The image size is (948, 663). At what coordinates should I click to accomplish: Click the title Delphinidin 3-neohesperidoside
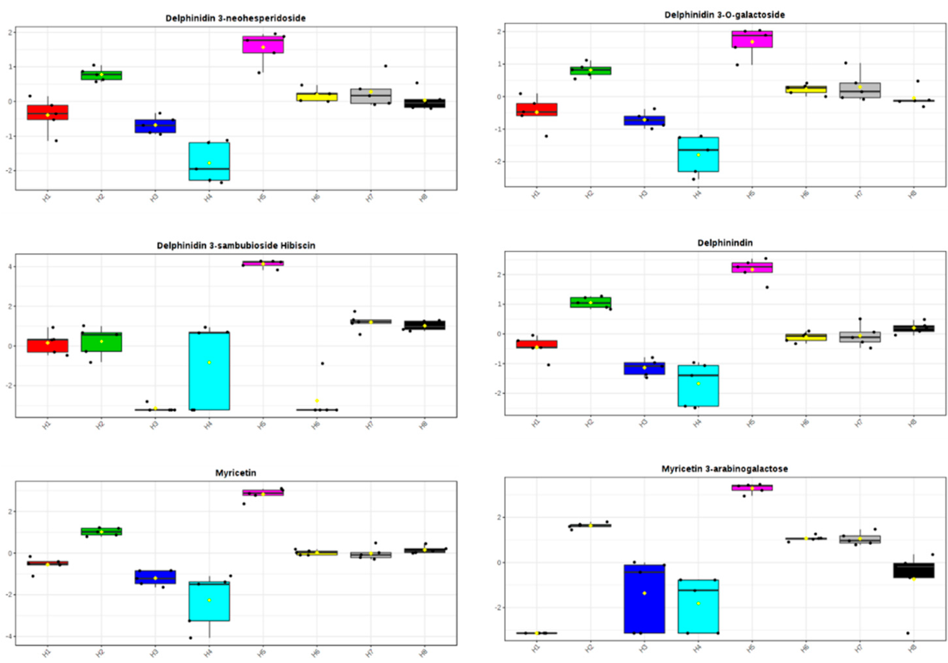235,18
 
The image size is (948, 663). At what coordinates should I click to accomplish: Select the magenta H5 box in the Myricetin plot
263,493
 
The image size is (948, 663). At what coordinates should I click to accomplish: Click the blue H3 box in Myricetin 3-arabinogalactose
644,599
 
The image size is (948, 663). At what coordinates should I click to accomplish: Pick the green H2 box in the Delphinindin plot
590,302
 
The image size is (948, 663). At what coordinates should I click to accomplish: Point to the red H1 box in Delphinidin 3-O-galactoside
536,110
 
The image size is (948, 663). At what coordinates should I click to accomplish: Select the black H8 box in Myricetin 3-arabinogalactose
914,570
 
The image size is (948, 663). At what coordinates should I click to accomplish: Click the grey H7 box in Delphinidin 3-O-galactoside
860,90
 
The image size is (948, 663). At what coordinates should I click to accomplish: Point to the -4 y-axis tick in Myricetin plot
7,636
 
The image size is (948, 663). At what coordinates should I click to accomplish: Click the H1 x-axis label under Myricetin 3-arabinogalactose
536,649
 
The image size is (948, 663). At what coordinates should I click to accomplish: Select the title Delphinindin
725,243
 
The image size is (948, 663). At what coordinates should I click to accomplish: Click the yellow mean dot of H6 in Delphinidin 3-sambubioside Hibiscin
317,401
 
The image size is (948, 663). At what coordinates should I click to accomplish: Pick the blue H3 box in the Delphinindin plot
644,369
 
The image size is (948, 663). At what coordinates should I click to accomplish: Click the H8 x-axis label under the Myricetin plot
423,653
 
